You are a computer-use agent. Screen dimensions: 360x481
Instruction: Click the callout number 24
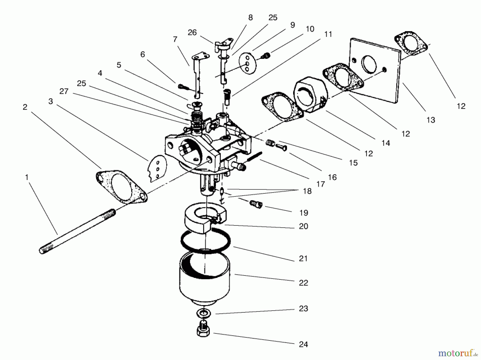click(303, 344)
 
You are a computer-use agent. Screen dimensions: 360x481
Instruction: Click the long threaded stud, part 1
click(77, 231)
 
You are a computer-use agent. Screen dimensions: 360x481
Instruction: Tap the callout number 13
click(430, 120)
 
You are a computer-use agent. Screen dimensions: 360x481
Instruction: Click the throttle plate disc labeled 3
click(157, 168)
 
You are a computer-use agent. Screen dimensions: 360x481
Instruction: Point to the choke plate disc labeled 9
click(248, 63)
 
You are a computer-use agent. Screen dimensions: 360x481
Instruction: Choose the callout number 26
click(192, 33)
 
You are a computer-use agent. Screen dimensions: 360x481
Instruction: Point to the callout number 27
click(64, 91)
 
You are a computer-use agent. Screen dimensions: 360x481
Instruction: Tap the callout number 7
click(175, 39)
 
